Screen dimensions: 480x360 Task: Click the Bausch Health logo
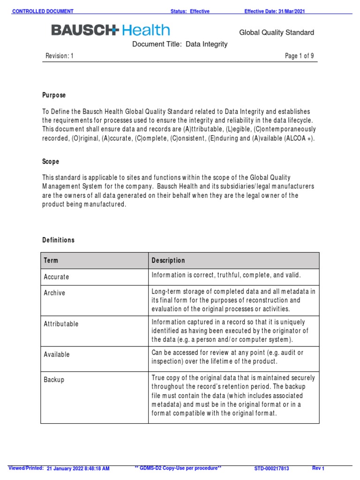[x=111, y=31]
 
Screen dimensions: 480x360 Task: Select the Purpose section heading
[x=54, y=95]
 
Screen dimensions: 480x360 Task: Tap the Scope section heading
[x=51, y=162]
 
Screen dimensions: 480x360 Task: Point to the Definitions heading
[x=58, y=240]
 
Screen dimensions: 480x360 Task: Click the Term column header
[x=51, y=261]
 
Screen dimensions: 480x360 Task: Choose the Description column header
[x=168, y=261]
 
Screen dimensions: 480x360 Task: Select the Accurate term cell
[x=56, y=277]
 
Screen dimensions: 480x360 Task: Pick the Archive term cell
[x=54, y=293]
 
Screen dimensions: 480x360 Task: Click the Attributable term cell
[x=61, y=324]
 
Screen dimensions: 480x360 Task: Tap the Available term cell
[x=57, y=355]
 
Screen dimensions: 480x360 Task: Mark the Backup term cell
[x=54, y=380]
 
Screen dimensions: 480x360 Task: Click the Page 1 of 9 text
[x=300, y=56]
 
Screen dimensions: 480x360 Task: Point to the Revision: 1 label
[x=60, y=56]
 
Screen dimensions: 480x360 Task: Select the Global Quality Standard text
[x=277, y=33]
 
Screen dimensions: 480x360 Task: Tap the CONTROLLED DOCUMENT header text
[x=43, y=11]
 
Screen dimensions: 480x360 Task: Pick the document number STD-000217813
[x=272, y=468]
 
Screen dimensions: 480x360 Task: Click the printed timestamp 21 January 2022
[x=78, y=468]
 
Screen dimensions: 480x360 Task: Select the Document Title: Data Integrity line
[x=180, y=45]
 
